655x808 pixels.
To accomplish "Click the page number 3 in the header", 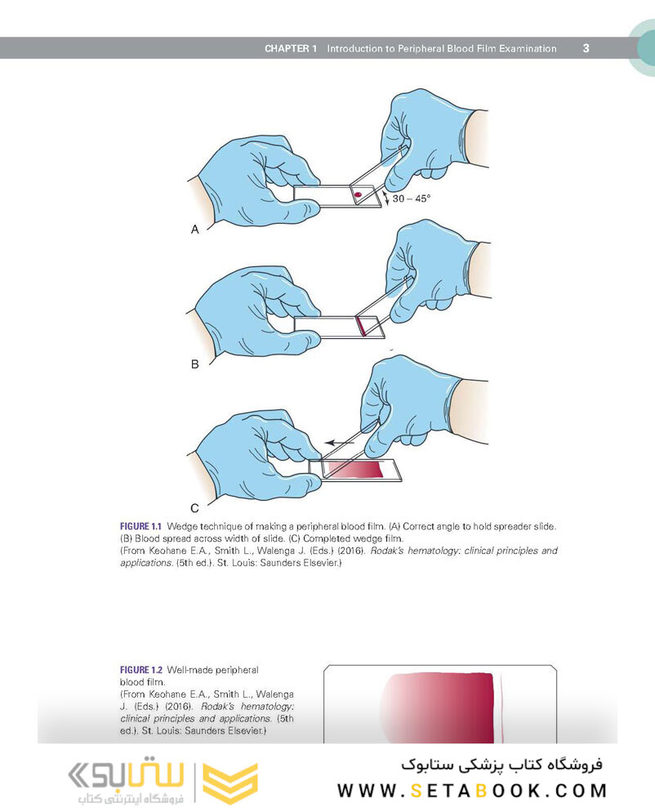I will pos(586,48).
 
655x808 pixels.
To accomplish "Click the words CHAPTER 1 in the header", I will pos(290,49).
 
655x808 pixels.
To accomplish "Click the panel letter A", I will pos(194,230).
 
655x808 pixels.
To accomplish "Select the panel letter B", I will pos(194,364).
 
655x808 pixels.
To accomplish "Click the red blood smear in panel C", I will pos(355,469).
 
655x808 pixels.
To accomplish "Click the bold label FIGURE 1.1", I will pos(141,527).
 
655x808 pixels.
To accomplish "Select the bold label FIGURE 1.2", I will pos(141,671).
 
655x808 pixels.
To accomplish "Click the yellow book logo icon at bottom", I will pos(229,783).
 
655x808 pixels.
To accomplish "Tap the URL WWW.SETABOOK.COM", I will pos(472,790).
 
